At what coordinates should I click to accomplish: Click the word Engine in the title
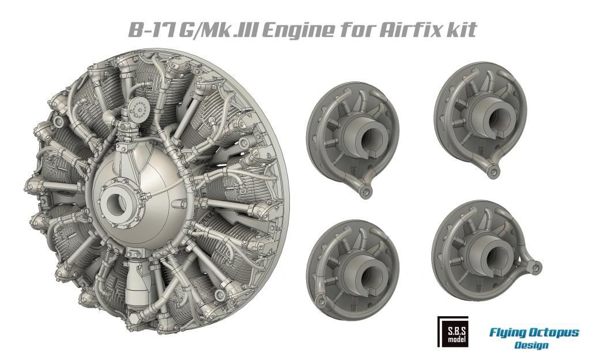[298, 30]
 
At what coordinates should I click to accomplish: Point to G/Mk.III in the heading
[218, 30]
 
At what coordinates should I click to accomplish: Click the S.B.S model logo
[453, 332]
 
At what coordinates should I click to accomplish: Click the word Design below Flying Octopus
[531, 345]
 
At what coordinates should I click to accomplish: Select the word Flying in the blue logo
[508, 333]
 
